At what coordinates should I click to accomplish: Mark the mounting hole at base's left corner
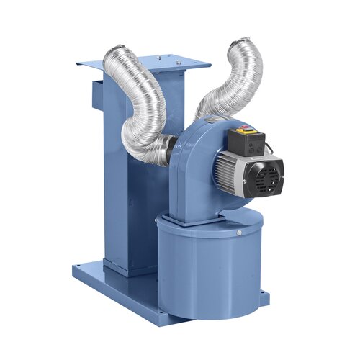(78, 269)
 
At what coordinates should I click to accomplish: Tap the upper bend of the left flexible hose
(122, 72)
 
